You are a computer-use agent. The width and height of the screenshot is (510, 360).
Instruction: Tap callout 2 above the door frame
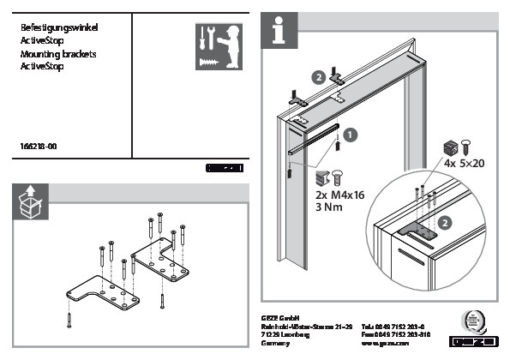[x=319, y=76]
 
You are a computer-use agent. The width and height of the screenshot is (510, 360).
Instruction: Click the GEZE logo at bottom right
[x=477, y=340]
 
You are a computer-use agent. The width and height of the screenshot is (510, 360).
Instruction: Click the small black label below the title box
[x=225, y=169]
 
